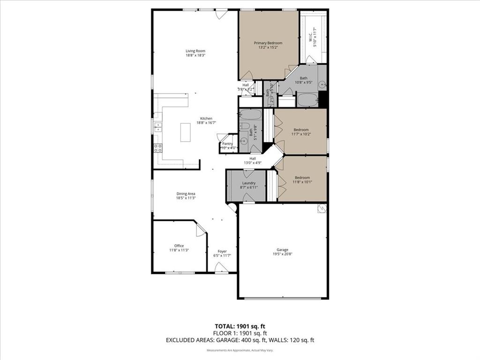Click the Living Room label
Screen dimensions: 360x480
195,51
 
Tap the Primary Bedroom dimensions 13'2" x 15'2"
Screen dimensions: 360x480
268,47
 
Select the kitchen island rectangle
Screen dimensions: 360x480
186,132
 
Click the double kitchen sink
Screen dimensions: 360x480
158,126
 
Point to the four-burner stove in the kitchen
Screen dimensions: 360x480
158,148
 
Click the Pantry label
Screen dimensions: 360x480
227,144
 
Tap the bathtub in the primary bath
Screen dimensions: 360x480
307,100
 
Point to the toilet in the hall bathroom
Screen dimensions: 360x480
244,126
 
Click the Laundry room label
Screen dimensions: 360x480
248,183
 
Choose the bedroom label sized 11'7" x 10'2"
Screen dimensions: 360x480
301,130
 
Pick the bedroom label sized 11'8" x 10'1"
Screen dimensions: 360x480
301,178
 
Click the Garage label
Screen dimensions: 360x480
282,250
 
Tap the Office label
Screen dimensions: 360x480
179,246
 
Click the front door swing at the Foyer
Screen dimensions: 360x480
221,267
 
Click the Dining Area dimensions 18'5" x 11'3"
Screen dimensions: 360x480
186,198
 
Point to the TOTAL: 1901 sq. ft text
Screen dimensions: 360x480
240,326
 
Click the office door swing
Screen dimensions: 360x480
201,229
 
